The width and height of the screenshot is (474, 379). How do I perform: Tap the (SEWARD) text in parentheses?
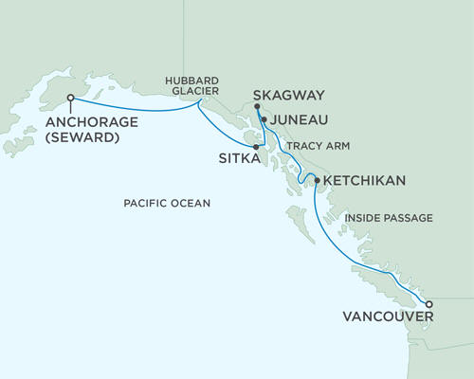[x=84, y=138]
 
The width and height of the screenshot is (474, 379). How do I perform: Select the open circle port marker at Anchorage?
[x=71, y=97]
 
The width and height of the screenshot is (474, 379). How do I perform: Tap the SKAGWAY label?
[x=290, y=96]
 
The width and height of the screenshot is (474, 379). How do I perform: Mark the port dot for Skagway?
[x=257, y=108]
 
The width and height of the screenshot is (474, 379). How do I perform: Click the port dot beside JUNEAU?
[x=264, y=121]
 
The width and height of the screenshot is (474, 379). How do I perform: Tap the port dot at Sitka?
[x=257, y=147]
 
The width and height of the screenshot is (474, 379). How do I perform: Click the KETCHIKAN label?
[x=365, y=180]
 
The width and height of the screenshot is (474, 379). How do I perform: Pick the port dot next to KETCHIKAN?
[x=317, y=178]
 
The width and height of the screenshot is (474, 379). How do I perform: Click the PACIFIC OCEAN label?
[x=167, y=204]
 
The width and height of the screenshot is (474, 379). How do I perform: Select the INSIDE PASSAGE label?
[x=389, y=218]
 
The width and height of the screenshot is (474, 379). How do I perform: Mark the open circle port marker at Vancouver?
[x=428, y=305]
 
